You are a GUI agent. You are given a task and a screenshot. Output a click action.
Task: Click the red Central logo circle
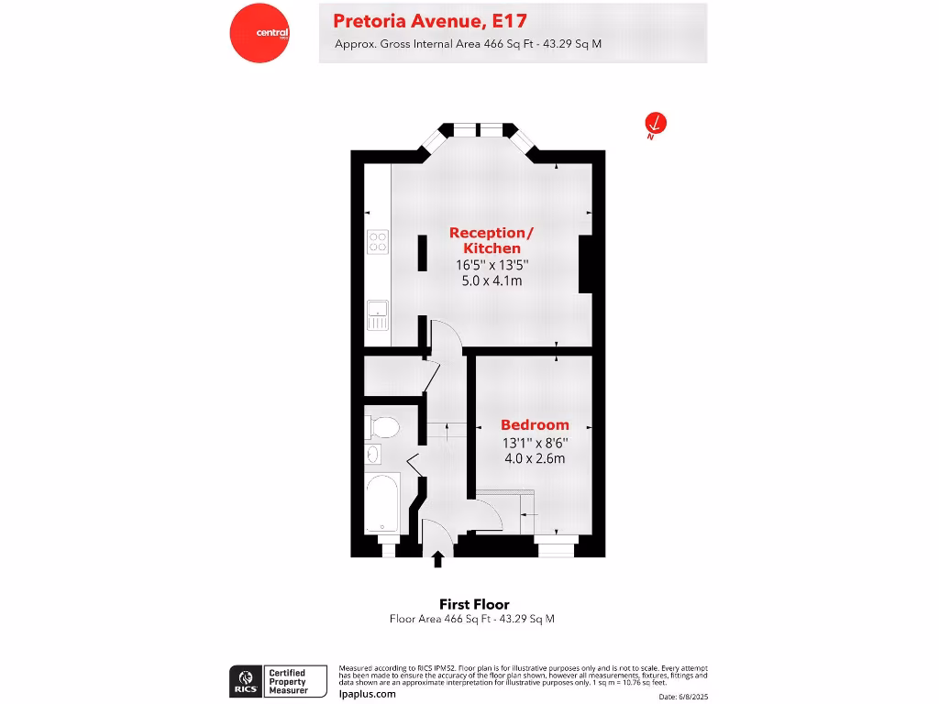point(260,34)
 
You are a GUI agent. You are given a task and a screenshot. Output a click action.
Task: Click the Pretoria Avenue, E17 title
point(430,20)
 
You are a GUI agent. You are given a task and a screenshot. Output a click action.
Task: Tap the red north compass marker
point(655,123)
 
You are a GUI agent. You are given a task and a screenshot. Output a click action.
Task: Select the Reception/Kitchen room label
point(492,240)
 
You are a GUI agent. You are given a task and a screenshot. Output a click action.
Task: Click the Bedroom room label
point(535,425)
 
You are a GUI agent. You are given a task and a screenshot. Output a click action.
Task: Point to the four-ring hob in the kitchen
point(378,241)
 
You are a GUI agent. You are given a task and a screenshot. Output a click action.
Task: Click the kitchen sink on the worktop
point(378,314)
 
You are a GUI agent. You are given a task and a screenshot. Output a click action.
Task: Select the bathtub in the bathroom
point(381,502)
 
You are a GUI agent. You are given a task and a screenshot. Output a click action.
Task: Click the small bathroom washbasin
point(373,454)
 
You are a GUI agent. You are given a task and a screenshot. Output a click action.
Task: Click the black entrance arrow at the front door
point(437,558)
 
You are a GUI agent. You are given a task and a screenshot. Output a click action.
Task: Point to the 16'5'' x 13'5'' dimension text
point(492,265)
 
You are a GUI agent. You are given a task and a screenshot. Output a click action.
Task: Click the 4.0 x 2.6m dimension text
point(534,458)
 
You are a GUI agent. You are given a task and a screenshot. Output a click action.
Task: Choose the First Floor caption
point(474,604)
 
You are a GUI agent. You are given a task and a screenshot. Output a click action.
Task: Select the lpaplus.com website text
point(368,694)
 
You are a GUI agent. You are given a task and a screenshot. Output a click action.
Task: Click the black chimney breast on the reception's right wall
point(586,263)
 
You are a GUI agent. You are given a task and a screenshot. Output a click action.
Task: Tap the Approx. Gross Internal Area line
point(468,43)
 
